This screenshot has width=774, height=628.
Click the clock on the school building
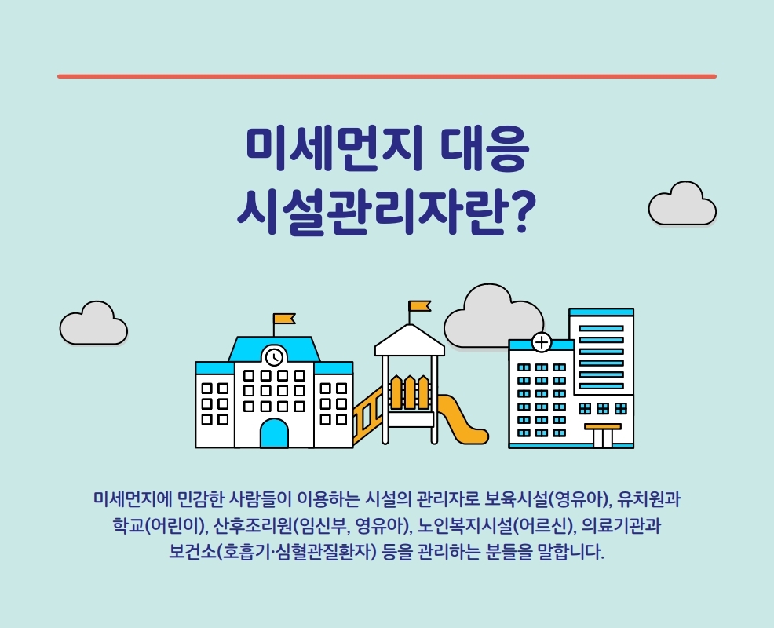point(275,356)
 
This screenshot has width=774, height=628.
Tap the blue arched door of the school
point(274,433)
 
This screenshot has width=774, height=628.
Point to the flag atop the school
point(284,319)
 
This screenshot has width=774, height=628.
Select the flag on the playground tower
point(420,306)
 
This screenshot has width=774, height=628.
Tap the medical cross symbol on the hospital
point(542,342)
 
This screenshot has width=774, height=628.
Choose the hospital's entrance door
point(603,437)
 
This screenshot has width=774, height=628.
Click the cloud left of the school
point(93,324)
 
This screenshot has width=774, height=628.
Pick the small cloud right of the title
point(682,204)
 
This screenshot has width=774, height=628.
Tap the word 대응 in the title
point(485,150)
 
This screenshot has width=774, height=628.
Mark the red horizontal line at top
point(387,76)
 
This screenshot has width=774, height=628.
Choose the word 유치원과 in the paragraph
point(649,499)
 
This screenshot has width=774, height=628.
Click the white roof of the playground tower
point(410,341)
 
